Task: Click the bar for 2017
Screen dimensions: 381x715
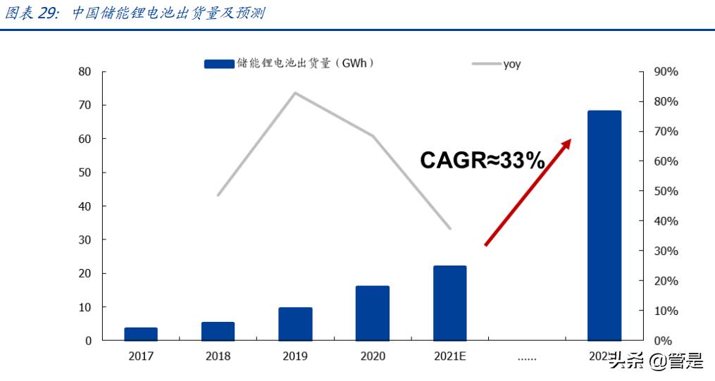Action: point(141,334)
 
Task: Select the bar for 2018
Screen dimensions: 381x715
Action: point(218,331)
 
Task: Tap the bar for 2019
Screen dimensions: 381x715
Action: point(295,323)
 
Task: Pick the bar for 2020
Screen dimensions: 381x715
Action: point(372,313)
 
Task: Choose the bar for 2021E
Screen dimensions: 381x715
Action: point(449,303)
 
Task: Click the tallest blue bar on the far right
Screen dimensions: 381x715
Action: point(604,225)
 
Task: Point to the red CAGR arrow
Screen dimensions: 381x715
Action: point(528,192)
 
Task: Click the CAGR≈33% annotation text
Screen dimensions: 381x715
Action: point(483,161)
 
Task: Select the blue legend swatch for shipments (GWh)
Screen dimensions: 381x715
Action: point(218,64)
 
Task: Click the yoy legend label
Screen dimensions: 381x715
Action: point(512,64)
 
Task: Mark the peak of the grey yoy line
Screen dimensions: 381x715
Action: point(294,93)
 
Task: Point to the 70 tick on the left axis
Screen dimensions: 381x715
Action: point(85,105)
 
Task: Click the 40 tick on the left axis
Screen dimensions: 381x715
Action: point(85,206)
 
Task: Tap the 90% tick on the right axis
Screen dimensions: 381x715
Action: point(666,72)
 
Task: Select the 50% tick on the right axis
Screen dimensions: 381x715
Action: point(666,191)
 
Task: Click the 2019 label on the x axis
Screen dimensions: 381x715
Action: point(295,356)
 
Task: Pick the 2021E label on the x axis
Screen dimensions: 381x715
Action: point(449,356)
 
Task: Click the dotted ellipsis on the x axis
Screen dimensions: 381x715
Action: point(527,358)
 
